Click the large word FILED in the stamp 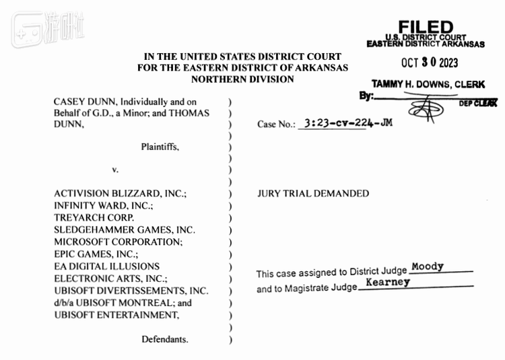coord(426,28)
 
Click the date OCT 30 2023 coord(430,63)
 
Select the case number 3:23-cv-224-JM coord(349,123)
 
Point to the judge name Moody coord(428,266)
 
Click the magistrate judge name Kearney coord(388,282)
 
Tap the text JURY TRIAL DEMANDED coord(313,193)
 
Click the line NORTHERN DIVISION coord(242,79)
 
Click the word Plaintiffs coord(160,147)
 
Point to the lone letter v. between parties coord(115,170)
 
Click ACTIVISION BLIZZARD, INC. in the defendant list coord(120,193)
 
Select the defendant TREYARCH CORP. coord(94,217)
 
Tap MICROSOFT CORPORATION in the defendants coord(118,242)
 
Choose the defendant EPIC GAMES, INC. coord(96,254)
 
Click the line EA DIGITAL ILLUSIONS coord(106,266)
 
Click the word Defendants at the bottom coord(165,339)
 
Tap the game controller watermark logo coord(27,30)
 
